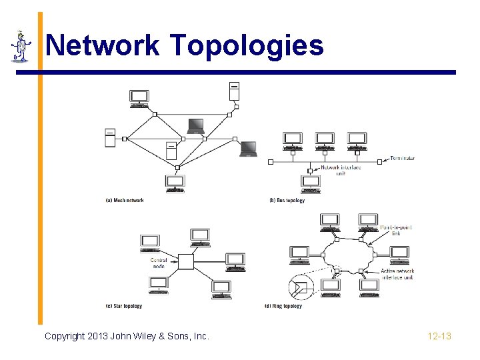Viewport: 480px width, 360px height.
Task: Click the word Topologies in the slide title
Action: click(x=247, y=45)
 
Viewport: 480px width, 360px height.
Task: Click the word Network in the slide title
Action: click(x=103, y=45)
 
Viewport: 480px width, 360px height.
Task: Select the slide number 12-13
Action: click(x=439, y=336)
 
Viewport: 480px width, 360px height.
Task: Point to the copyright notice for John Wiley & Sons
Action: click(x=127, y=336)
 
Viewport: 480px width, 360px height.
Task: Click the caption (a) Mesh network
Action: click(x=125, y=200)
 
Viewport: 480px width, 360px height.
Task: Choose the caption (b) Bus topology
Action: click(x=287, y=200)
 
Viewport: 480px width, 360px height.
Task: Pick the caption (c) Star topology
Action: click(x=124, y=306)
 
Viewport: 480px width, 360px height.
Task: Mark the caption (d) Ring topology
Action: click(x=283, y=306)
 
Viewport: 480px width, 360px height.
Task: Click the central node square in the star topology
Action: click(x=185, y=261)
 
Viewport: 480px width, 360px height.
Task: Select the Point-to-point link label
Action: click(x=396, y=230)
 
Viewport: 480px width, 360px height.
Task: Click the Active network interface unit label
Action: click(x=397, y=274)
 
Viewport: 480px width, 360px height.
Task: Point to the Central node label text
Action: click(x=159, y=263)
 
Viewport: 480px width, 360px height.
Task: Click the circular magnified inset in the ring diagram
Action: click(x=301, y=287)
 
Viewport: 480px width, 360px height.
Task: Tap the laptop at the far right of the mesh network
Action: click(x=249, y=149)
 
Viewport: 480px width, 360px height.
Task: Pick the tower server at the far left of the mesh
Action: click(x=110, y=137)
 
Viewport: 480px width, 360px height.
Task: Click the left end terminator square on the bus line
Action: click(x=270, y=161)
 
